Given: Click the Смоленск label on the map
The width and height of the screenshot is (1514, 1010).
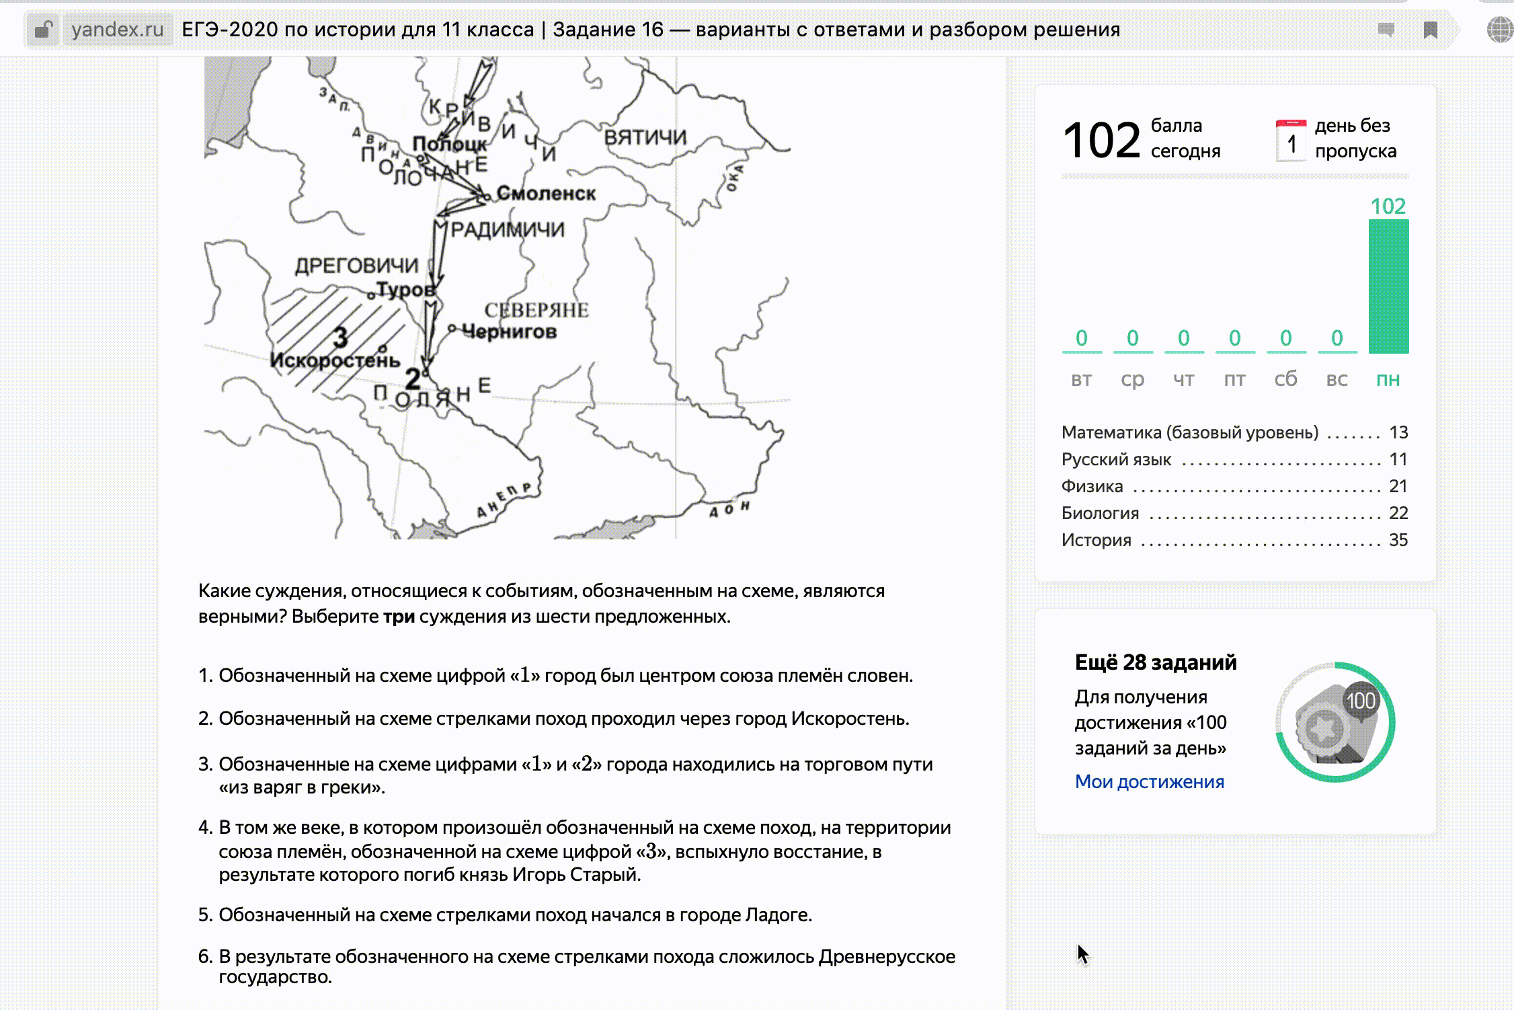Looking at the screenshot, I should (x=546, y=194).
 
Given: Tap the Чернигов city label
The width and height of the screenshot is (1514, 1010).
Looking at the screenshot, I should (x=510, y=332).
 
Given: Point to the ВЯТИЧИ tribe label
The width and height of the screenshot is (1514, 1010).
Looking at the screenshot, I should (x=645, y=138).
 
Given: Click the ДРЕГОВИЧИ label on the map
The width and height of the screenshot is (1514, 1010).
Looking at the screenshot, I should (x=356, y=266).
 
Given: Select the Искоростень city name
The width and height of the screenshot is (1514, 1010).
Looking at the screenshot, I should (x=335, y=361).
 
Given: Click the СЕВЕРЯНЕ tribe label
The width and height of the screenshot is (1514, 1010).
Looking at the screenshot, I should (x=536, y=310).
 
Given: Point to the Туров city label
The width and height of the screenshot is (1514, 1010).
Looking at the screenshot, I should (x=405, y=290).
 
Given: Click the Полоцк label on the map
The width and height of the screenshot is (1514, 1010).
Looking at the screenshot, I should (x=449, y=144).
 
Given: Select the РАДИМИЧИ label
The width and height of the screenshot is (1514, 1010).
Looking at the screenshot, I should (x=508, y=230).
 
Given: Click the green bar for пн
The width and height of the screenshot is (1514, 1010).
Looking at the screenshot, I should (x=1388, y=286).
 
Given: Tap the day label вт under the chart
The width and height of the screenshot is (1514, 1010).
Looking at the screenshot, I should (x=1081, y=379).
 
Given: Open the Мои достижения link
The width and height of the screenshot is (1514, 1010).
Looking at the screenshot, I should (x=1149, y=781).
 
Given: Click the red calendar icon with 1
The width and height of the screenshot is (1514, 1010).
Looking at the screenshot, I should (x=1291, y=141).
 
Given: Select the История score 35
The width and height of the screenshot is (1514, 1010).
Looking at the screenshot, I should (x=1398, y=540).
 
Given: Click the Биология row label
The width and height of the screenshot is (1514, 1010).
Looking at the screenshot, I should (x=1100, y=513).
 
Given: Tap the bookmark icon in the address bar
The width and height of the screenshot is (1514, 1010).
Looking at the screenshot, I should (x=1431, y=30).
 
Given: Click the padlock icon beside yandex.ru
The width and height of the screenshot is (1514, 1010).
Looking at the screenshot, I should (x=43, y=30).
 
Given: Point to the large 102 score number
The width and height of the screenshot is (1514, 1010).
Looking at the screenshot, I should (x=1101, y=141).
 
